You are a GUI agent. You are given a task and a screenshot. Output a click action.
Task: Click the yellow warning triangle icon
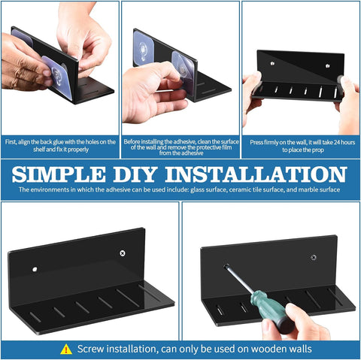(x=66, y=349)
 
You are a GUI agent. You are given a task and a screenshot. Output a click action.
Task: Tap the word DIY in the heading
(x=135, y=174)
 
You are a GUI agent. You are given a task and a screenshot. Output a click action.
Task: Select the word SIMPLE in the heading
(x=59, y=174)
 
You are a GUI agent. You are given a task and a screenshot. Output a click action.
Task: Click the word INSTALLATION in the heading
(x=256, y=174)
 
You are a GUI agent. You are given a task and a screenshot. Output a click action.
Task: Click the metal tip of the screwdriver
(x=226, y=266)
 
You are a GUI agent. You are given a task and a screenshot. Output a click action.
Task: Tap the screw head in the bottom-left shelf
(x=123, y=253)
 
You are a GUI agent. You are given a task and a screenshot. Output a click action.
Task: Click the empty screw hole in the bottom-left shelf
(x=35, y=270)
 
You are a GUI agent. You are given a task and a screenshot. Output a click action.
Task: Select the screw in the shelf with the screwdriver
(x=314, y=258)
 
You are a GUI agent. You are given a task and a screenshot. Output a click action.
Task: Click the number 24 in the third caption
(x=338, y=142)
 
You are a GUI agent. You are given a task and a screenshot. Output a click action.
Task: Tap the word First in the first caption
(x=11, y=142)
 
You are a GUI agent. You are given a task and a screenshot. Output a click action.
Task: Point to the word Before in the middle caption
(x=132, y=141)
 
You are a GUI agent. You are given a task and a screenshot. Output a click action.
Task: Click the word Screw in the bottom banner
(x=91, y=349)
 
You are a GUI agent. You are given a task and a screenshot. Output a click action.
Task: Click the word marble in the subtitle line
(x=307, y=189)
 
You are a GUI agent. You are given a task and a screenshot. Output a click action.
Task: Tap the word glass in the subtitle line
(x=197, y=189)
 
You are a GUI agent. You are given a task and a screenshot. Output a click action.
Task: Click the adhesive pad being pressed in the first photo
(x=58, y=77)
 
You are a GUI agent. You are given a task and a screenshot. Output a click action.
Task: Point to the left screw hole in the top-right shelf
(x=272, y=64)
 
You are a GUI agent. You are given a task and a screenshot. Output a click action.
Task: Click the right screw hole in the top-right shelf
(x=327, y=66)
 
